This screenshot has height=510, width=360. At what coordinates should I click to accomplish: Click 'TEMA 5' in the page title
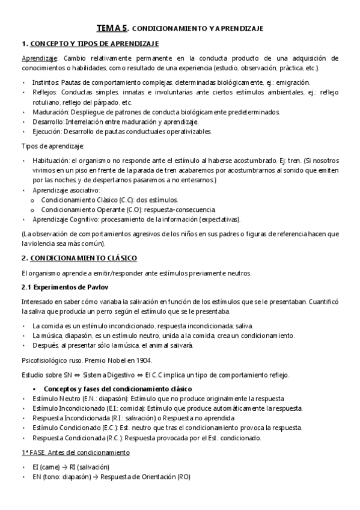pyautogui.click(x=112, y=28)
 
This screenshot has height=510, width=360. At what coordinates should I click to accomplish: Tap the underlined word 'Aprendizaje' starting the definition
pyautogui.click(x=38, y=58)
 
